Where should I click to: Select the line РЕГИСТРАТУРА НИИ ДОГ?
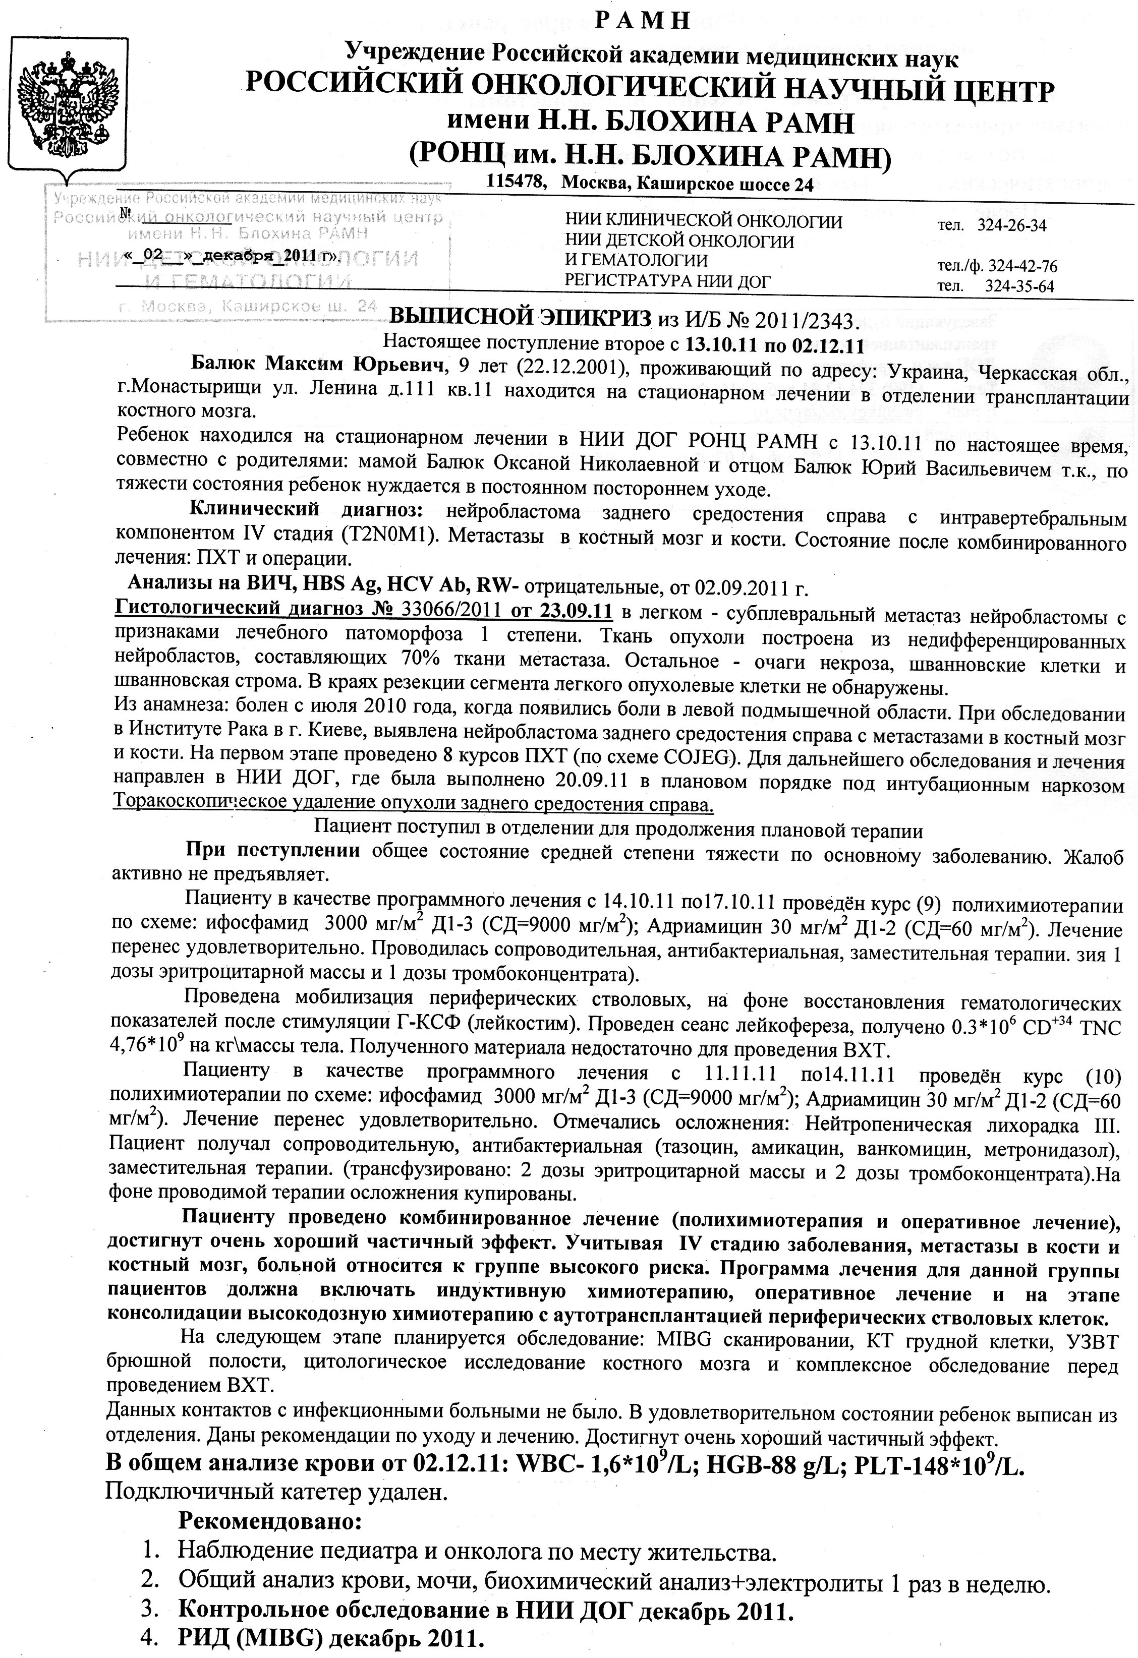668,281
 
